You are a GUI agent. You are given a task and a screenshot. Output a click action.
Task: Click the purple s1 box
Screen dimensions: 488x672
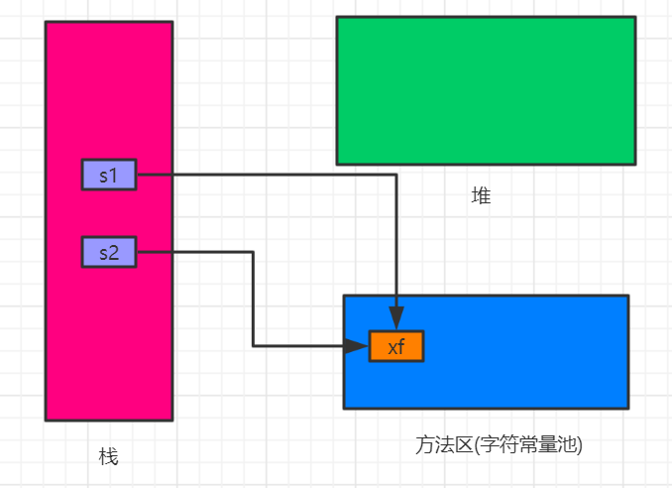click(109, 175)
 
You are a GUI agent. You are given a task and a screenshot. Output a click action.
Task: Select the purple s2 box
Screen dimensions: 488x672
click(109, 252)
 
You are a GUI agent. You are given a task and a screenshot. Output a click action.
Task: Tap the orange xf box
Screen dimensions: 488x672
click(396, 346)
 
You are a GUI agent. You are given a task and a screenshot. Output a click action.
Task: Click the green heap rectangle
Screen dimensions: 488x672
click(486, 89)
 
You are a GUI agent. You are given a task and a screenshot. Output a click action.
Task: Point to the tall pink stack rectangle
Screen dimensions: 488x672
click(109, 99)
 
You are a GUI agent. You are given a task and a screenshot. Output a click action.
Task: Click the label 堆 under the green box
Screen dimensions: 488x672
click(481, 196)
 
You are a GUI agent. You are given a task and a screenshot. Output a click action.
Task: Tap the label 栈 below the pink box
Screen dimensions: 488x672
click(109, 456)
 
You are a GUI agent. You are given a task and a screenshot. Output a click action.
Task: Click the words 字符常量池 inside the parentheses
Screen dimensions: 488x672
click(530, 444)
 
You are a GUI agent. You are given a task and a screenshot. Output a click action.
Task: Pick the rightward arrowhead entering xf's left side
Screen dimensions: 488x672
click(362, 346)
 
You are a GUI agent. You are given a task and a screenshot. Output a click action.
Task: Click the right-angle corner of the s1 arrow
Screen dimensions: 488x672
click(396, 175)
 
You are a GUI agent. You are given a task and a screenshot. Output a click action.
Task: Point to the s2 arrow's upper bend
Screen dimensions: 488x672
click(253, 252)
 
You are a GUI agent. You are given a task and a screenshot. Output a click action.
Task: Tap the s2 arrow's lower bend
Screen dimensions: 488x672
click(253, 346)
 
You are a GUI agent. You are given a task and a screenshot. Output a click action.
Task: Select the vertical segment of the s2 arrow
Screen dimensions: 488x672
click(253, 298)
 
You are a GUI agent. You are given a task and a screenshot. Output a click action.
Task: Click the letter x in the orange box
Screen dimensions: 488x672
click(392, 346)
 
